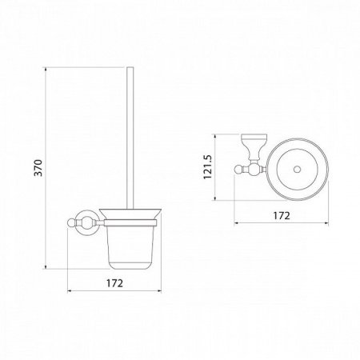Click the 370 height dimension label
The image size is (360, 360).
click(39, 168)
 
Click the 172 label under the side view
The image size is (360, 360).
click(114, 283)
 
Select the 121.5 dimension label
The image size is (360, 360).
click(207, 167)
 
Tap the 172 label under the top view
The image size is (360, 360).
click(282, 215)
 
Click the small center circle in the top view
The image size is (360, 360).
click(297, 169)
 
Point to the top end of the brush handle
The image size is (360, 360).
click(130, 68)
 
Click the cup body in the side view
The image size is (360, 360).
click(130, 247)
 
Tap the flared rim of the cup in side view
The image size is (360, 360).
click(130, 214)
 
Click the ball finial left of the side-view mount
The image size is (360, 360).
click(71, 222)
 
